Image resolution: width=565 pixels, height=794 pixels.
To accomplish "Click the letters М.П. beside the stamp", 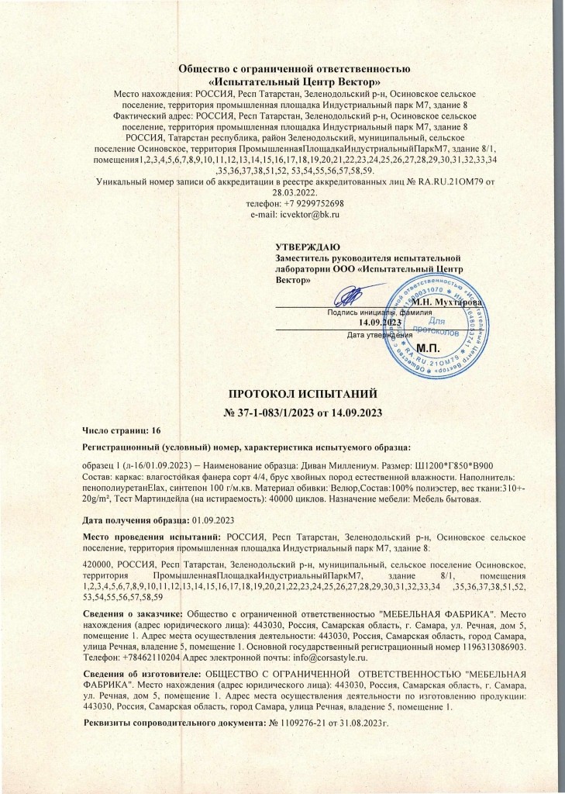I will (x=429, y=347).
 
